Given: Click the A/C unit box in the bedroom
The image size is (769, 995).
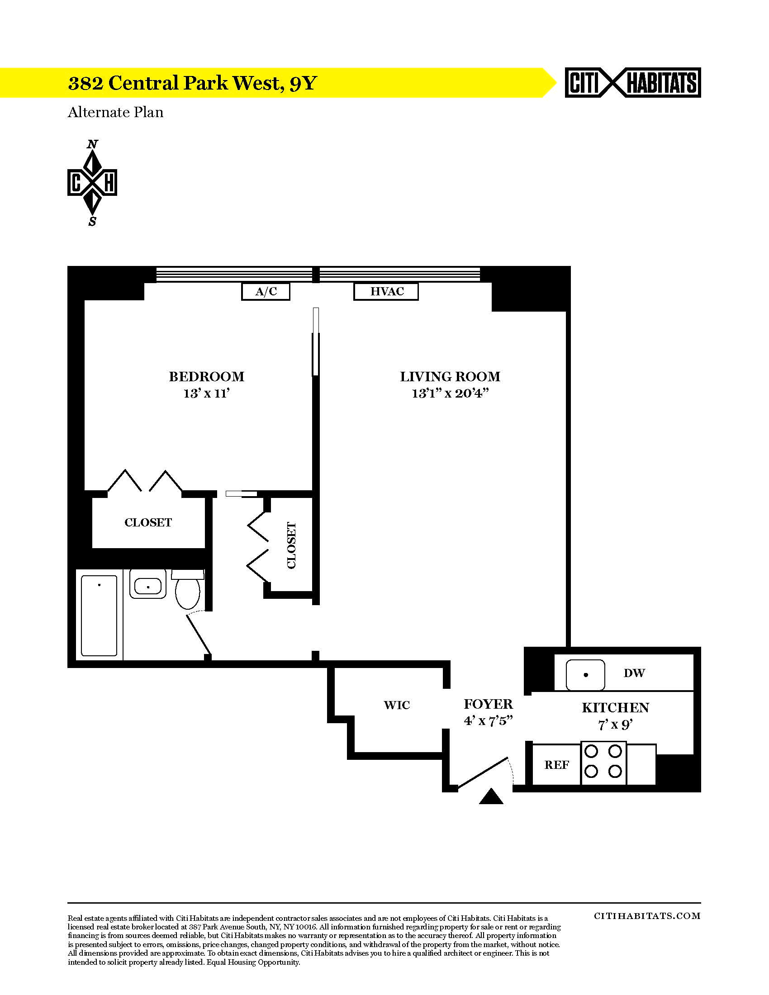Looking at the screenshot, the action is click(266, 292).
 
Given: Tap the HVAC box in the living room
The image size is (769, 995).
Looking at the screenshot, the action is click(386, 292).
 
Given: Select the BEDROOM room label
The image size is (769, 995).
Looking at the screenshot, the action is click(207, 377).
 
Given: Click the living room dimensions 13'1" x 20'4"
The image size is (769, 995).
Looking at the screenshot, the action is click(450, 393).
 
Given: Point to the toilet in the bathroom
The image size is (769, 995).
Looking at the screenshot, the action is click(188, 589).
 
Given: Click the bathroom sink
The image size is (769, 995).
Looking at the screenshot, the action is click(148, 584).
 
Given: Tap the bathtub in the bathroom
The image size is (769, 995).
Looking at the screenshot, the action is click(100, 616).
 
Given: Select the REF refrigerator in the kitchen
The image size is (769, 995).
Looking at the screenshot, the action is click(556, 765).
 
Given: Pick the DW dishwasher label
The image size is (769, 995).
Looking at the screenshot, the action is click(634, 673).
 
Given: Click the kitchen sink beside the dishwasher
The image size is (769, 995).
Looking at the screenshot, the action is click(585, 675).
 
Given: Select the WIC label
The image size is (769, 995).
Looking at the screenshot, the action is click(397, 705).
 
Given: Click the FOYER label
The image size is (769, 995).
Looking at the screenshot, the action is click(489, 704).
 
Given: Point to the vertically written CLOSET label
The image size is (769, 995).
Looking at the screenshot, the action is click(292, 545).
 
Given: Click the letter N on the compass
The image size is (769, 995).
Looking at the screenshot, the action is click(92, 144).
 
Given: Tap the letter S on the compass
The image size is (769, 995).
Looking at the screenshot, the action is click(92, 222).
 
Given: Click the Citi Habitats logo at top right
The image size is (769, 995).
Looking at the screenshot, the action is click(633, 83).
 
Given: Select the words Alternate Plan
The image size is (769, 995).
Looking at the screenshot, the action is click(115, 112).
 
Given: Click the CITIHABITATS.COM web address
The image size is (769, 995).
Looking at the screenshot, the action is click(647, 916).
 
